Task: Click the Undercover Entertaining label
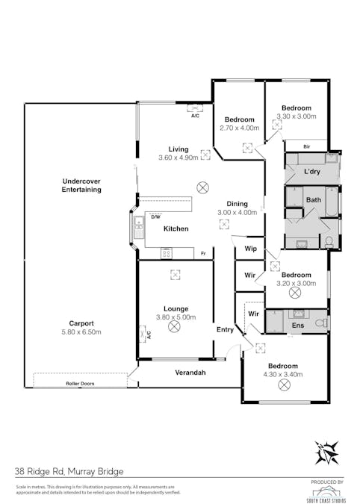[x=81, y=185]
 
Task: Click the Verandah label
[x=190, y=372]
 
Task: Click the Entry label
[x=225, y=329]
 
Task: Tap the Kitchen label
[x=176, y=228]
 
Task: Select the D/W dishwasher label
[x=155, y=217]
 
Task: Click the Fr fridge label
[x=202, y=254]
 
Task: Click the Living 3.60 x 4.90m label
[x=178, y=153]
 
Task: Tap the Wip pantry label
[x=250, y=249]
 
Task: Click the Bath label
[x=313, y=200]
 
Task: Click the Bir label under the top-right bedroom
[x=307, y=146]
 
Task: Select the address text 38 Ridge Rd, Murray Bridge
[x=69, y=471]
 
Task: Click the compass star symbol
[x=326, y=452]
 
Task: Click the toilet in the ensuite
[x=320, y=323]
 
